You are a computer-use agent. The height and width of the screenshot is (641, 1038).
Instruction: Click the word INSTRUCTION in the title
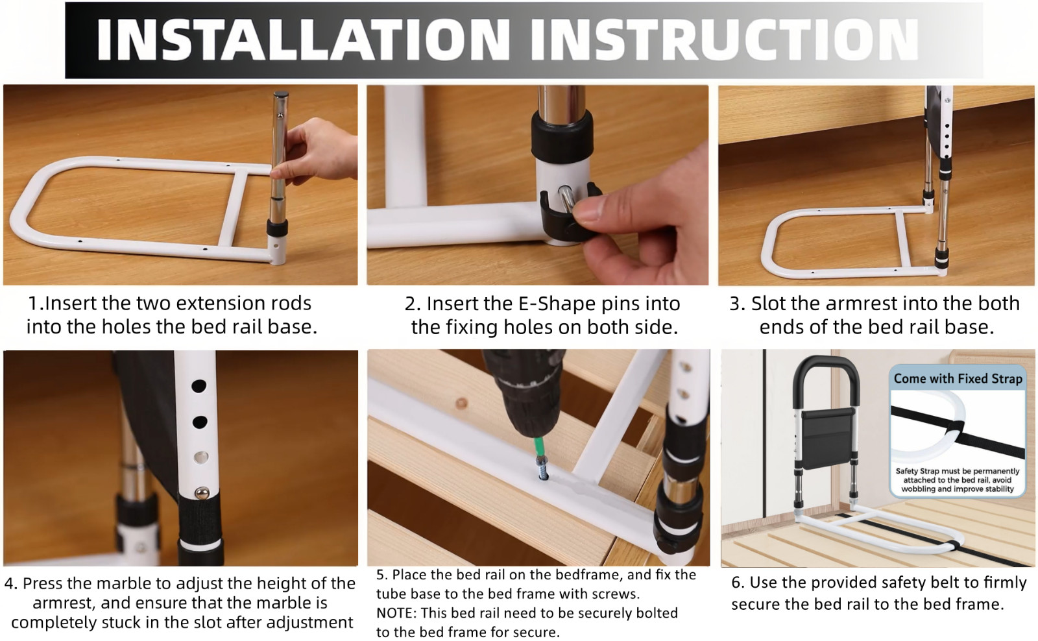tap(723, 40)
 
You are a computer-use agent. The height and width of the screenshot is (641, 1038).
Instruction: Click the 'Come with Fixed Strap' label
tap(958, 379)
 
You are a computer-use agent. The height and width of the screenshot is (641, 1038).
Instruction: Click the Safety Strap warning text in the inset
tap(958, 480)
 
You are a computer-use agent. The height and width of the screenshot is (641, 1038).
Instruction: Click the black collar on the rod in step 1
tap(277, 228)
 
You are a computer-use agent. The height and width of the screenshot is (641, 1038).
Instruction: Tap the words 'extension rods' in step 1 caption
tap(243, 304)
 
